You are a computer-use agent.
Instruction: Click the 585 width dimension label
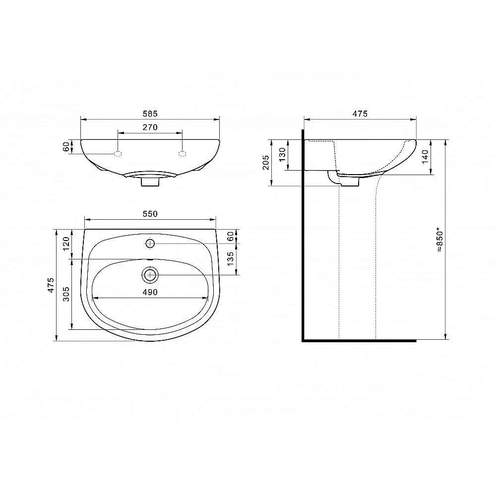click(150, 113)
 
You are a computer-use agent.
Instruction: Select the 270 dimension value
click(150, 127)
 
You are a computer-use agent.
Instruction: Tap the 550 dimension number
click(150, 214)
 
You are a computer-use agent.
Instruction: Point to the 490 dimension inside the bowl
click(150, 292)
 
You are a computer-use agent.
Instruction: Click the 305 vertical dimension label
click(66, 294)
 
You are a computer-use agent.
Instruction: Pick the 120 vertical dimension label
click(66, 244)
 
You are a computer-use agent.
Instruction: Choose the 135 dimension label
click(231, 258)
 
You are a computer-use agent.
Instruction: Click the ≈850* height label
click(440, 240)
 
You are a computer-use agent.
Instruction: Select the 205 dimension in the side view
click(266, 162)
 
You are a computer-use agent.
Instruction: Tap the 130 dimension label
click(282, 154)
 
